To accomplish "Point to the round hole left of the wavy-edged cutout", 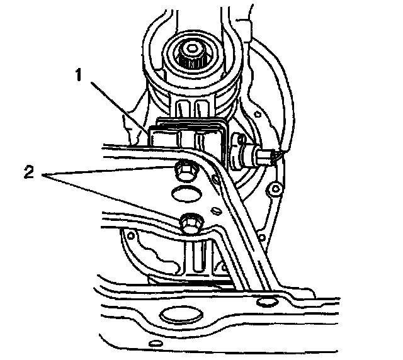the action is pyautogui.click(x=132, y=236).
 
